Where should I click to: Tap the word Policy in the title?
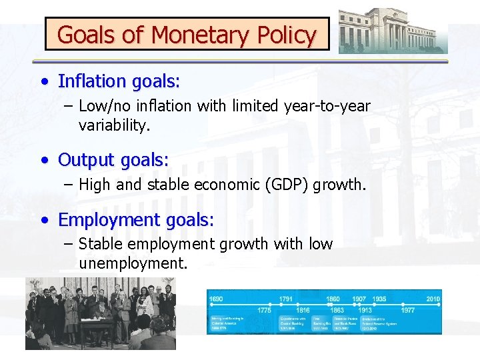283,35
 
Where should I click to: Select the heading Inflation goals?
119,81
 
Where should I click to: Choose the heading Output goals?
113,160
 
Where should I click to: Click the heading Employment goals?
136,219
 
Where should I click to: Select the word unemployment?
133,263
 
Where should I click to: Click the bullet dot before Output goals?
43,161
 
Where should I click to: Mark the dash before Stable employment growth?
69,245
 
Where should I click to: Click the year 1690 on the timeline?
217,299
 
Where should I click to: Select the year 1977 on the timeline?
408,309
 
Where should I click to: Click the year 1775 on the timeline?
265,309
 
